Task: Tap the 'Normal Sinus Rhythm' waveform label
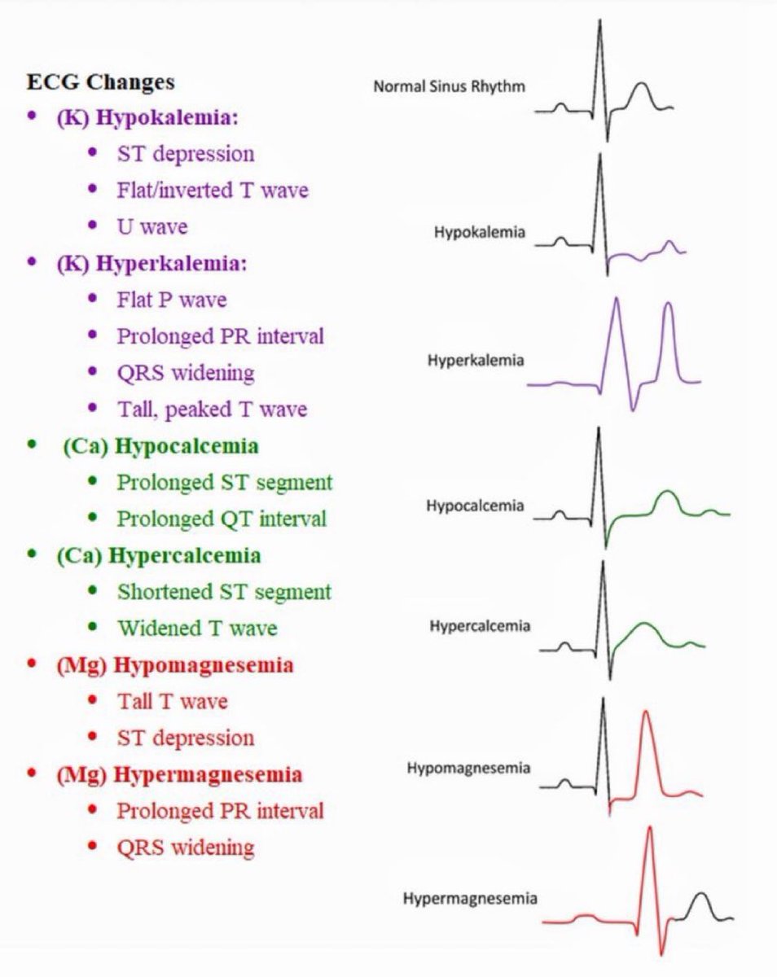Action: tap(449, 85)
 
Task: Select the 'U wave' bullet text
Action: tap(151, 226)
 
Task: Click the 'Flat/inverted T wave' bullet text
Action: tap(213, 190)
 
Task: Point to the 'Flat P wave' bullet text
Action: tap(171, 300)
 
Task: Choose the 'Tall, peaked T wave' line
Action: tap(212, 409)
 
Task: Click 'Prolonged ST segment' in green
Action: tap(224, 482)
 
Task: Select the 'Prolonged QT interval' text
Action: tap(222, 518)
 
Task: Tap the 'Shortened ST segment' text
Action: tap(224, 591)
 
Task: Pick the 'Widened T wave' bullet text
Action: tap(196, 628)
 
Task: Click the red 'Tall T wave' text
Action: tap(172, 701)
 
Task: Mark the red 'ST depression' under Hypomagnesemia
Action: tap(185, 738)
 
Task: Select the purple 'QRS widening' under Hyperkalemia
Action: tap(185, 373)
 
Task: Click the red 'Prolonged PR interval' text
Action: tap(220, 811)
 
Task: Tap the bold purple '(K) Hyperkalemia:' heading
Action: tap(152, 264)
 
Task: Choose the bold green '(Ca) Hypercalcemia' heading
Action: tap(159, 556)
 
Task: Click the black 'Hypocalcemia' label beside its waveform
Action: tap(475, 506)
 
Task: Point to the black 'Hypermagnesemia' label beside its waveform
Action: tap(470, 899)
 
